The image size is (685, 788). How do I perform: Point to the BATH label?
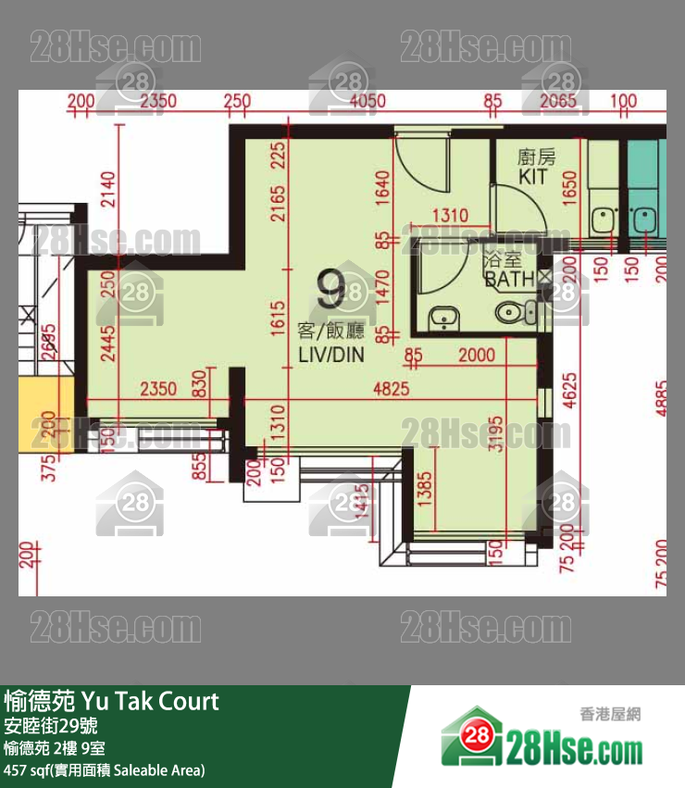point(508,278)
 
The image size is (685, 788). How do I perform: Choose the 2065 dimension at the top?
point(558,101)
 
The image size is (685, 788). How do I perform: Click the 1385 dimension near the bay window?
point(425,486)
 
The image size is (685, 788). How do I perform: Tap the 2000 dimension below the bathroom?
point(476,355)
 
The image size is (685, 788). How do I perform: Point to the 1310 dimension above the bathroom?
point(450,216)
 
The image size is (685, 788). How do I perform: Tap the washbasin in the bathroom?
point(444,318)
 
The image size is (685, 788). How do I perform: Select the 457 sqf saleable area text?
point(104,769)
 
